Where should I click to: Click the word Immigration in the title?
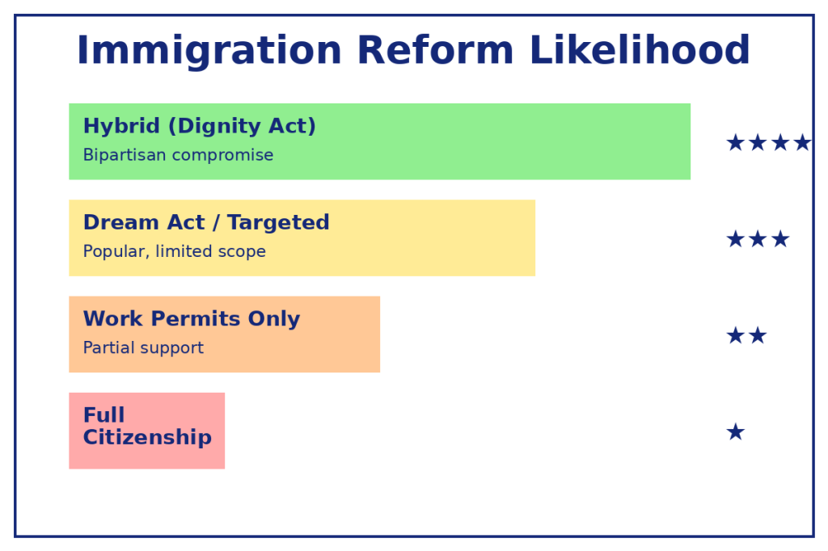point(209,51)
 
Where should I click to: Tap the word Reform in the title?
point(435,50)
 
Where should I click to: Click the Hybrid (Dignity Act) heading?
point(200,126)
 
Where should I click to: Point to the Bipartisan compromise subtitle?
point(179,154)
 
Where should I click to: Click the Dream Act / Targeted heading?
point(206,222)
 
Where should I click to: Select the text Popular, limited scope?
point(175,251)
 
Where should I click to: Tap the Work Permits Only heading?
point(192,319)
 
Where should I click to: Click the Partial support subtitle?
point(143,347)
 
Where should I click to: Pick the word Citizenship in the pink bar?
point(147,438)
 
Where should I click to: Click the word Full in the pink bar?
point(104,414)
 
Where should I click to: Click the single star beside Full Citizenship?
point(736,431)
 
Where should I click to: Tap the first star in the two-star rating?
point(736,335)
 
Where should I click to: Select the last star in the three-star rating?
point(780,239)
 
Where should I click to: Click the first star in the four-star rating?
point(736,142)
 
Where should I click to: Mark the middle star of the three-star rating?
point(758,239)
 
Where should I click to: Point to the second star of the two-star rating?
point(758,335)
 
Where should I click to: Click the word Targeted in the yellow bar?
point(278,223)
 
